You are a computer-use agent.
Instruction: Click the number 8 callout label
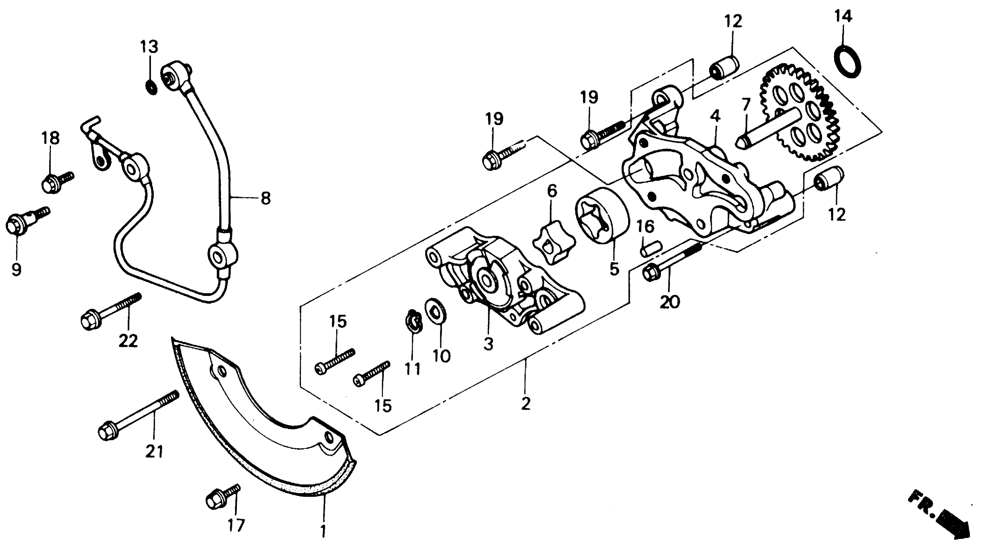265,198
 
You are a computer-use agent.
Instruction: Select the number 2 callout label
526,404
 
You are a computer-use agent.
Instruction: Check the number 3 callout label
488,343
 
